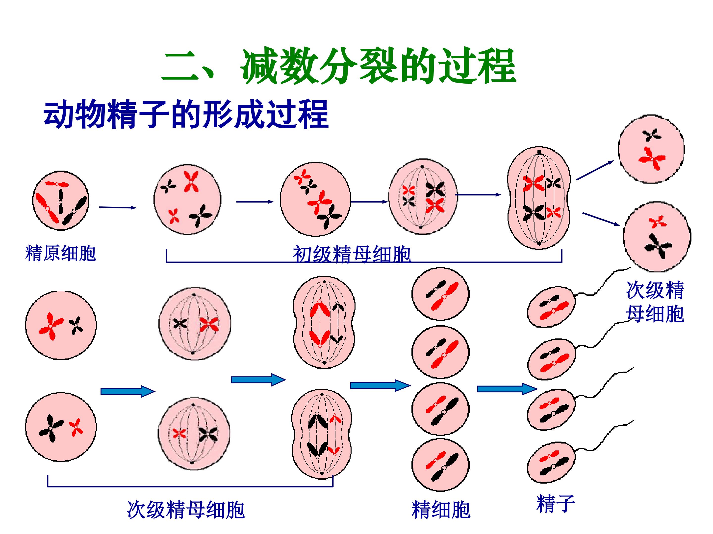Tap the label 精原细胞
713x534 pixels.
tap(61, 253)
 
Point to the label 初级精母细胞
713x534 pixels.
tap(351, 254)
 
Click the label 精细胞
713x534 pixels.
tap(441, 510)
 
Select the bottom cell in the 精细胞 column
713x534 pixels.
tap(440, 466)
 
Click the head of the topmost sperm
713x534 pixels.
tap(551, 307)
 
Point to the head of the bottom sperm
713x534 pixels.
tap(551, 463)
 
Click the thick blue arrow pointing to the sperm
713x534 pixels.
tap(506, 389)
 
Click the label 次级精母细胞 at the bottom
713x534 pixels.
tap(186, 510)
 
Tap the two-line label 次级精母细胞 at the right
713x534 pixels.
tap(655, 302)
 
